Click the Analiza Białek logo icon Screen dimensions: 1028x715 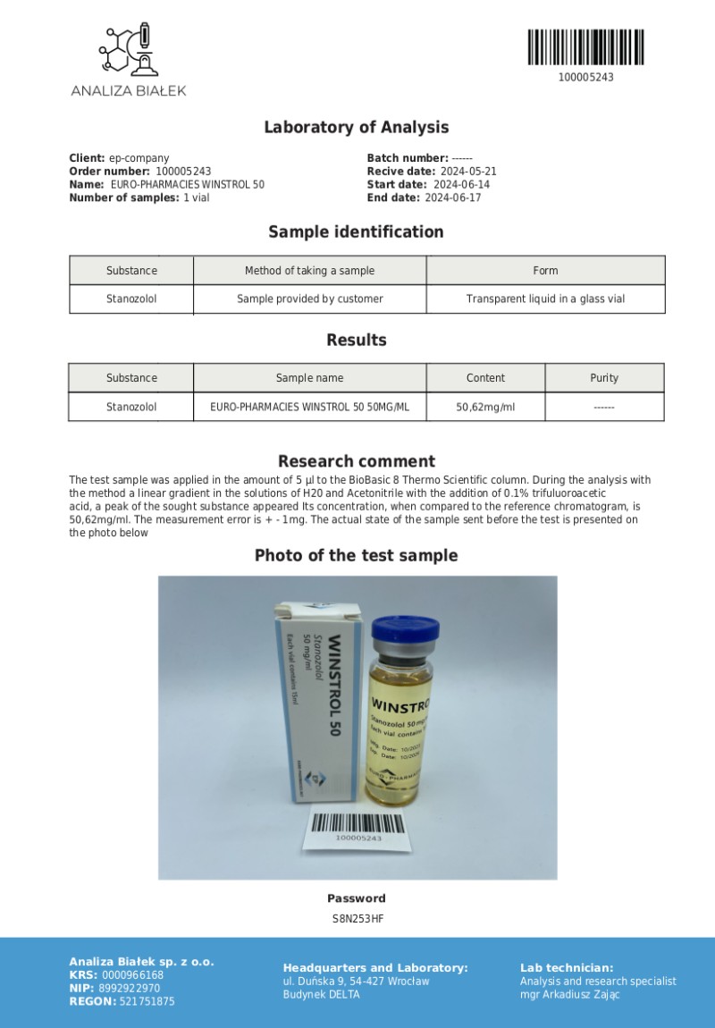tap(128, 50)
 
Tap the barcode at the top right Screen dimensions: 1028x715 tap(585, 47)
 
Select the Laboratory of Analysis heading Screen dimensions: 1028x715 tap(356, 128)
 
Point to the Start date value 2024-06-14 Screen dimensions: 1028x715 tap(461, 185)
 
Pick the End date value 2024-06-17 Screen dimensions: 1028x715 tap(452, 198)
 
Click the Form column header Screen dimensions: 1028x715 tap(545, 271)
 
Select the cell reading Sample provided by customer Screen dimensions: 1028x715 tap(309, 299)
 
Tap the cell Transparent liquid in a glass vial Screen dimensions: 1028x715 tap(545, 299)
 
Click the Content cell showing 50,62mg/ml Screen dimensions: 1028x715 tap(485, 407)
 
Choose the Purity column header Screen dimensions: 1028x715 tap(604, 378)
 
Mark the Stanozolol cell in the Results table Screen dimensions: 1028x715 tap(131, 407)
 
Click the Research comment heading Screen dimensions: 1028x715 tap(356, 461)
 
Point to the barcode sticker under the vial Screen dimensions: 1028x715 tap(358, 829)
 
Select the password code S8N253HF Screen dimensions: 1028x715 tap(356, 918)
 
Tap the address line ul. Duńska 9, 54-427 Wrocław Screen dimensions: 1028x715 tap(356, 982)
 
